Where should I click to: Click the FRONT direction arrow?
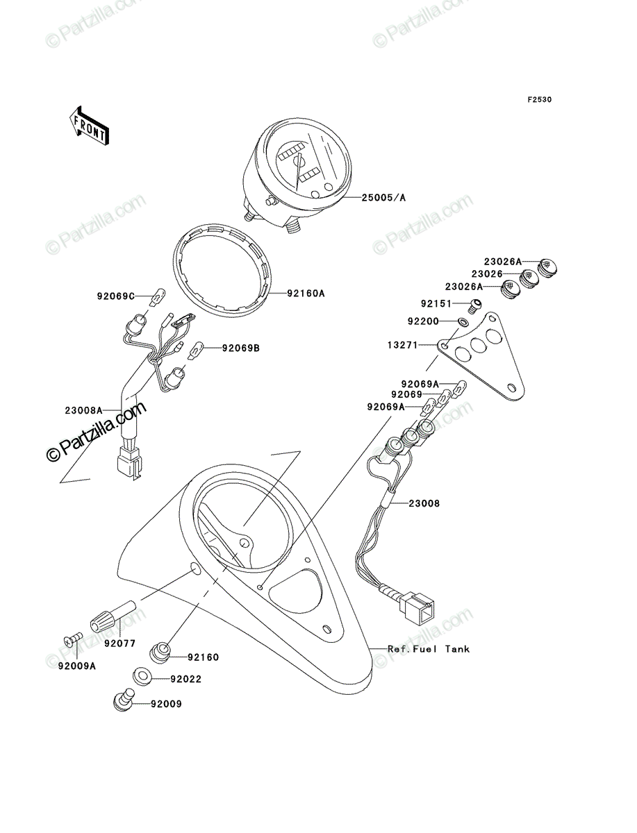(x=89, y=125)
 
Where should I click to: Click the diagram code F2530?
(x=539, y=100)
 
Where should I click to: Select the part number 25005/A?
(x=383, y=198)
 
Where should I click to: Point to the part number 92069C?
(x=116, y=296)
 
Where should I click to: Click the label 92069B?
(x=241, y=348)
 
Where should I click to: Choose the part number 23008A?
(x=83, y=410)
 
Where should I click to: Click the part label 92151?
(x=436, y=303)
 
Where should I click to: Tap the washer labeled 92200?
(x=463, y=322)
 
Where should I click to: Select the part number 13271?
(x=403, y=345)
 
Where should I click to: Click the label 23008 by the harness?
(x=424, y=503)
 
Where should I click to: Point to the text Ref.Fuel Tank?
(x=429, y=649)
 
